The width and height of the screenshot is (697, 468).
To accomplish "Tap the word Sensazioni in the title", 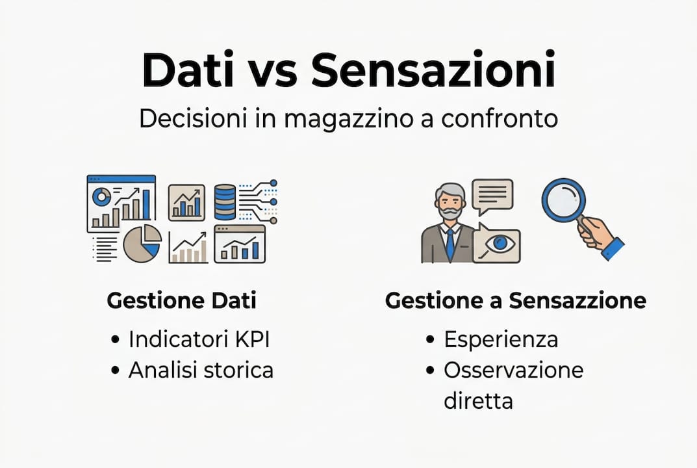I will coord(433,71).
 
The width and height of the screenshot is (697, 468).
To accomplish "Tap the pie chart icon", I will coord(142,243).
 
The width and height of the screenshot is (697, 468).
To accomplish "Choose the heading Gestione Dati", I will coord(181,301).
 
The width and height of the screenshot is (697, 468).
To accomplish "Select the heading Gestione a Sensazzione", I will coord(515,301).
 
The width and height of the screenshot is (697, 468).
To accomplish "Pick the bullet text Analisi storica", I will coord(200,370).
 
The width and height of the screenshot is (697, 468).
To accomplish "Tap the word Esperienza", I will coord(500,339).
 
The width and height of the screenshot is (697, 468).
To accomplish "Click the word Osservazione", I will coord(513,370).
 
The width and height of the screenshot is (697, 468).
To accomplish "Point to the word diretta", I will coord(478,400).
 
